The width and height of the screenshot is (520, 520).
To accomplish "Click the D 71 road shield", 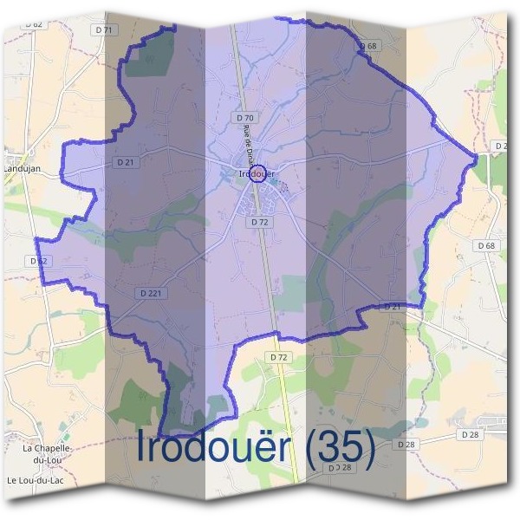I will tap(106, 29).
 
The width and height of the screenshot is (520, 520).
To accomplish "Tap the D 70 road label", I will tap(244, 117).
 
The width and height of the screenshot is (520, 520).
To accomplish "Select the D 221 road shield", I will tap(150, 294).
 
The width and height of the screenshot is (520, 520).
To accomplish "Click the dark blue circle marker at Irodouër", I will tap(257, 172).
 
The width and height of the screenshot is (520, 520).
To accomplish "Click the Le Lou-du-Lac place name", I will tap(37, 479).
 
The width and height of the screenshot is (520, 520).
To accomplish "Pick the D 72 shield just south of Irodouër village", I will tap(258, 222).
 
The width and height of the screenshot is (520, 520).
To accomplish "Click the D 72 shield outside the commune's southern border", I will tap(278, 357).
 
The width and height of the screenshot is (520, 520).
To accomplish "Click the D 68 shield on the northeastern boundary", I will tap(368, 46).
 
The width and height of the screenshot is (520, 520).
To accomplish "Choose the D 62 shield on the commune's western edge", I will tap(37, 260).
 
